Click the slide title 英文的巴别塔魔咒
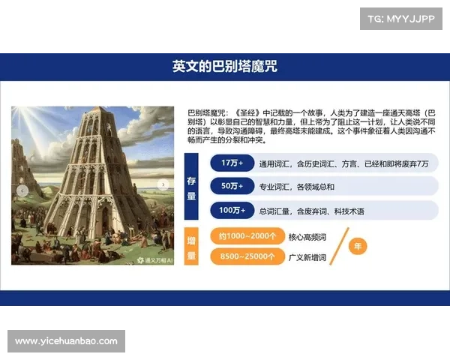pos(225,67)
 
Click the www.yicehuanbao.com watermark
pos(66,341)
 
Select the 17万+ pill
pos(227,163)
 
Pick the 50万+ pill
pos(227,186)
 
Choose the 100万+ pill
pos(227,210)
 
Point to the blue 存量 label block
pos(191,186)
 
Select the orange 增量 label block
pos(191,247)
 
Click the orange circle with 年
pos(358,246)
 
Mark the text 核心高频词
pos(307,237)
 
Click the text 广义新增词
pos(307,258)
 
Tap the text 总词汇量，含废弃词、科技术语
pos(311,211)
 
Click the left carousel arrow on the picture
pos(22,191)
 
